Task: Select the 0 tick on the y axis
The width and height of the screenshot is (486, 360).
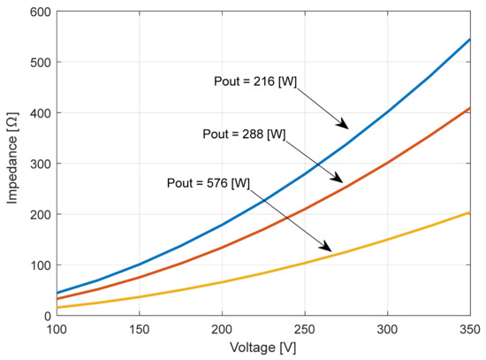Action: click(x=43, y=315)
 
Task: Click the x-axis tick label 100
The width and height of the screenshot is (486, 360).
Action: click(x=56, y=328)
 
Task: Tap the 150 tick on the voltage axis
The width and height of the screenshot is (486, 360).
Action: click(x=139, y=328)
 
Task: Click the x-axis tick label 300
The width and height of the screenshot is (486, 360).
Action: click(x=387, y=328)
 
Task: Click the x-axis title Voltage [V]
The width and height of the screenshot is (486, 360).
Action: click(x=262, y=348)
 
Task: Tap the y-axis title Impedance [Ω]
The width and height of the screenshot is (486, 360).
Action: click(x=11, y=164)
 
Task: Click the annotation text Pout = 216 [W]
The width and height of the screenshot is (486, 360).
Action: click(x=256, y=81)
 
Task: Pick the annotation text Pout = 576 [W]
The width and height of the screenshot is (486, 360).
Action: click(x=208, y=183)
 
